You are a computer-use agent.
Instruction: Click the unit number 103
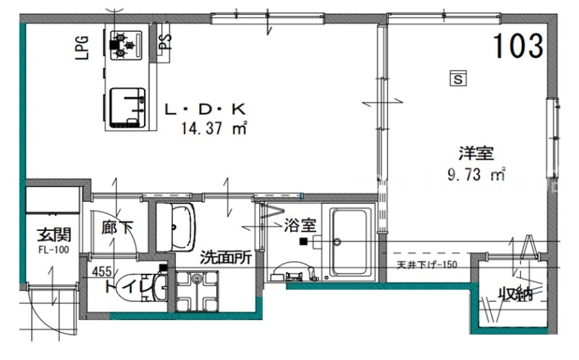click(518, 46)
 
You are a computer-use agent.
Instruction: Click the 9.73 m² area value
click(476, 174)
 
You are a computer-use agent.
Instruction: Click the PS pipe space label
click(166, 41)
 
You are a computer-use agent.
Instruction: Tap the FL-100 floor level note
click(54, 249)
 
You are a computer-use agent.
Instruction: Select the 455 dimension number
click(102, 272)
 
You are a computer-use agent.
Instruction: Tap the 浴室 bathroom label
click(296, 226)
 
